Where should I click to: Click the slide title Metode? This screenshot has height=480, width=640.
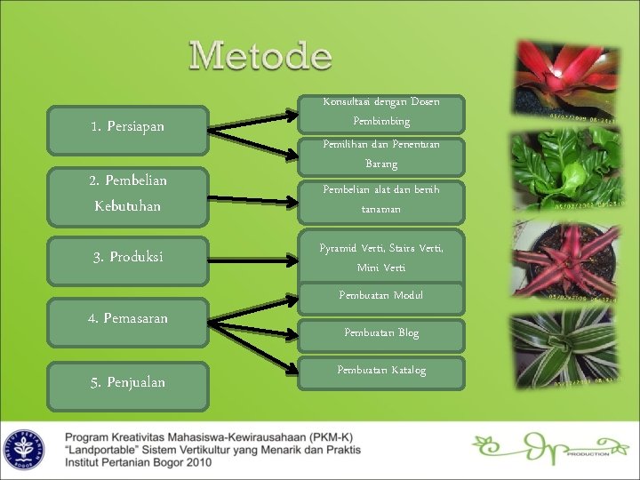[260, 57]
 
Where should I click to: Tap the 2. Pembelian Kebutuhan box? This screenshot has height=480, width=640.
[128, 193]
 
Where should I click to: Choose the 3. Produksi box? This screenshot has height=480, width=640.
[128, 258]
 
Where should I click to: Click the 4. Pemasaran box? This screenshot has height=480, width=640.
[128, 317]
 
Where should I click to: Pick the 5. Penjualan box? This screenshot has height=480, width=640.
[128, 382]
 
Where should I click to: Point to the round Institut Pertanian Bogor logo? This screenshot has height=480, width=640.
[24, 449]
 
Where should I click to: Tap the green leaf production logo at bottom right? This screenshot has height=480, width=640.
[542, 449]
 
